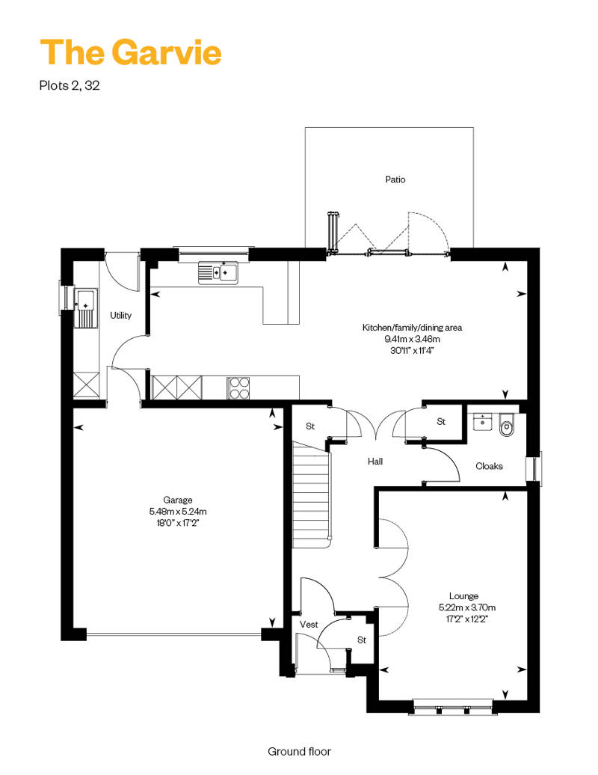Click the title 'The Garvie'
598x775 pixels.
(x=130, y=52)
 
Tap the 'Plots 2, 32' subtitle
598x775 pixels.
(x=70, y=85)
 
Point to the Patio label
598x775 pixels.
(x=395, y=180)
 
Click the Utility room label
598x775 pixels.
(x=120, y=316)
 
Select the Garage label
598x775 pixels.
(x=178, y=500)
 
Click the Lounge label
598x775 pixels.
(x=463, y=596)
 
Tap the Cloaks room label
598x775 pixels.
(x=489, y=466)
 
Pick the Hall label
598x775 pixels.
(x=375, y=462)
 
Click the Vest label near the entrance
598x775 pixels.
(x=309, y=625)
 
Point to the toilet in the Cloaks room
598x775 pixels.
(x=507, y=425)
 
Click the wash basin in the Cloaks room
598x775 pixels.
(x=482, y=422)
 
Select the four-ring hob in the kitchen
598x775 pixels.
(x=238, y=387)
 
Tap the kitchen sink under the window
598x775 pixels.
(x=218, y=272)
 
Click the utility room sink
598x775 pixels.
(x=86, y=308)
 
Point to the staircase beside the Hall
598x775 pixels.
(x=311, y=495)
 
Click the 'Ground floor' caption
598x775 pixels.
(x=299, y=752)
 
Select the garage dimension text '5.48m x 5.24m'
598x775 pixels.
(x=178, y=512)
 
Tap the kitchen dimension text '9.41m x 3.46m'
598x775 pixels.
(x=413, y=339)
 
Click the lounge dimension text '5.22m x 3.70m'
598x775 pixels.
(x=467, y=607)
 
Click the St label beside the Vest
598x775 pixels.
(x=362, y=640)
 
